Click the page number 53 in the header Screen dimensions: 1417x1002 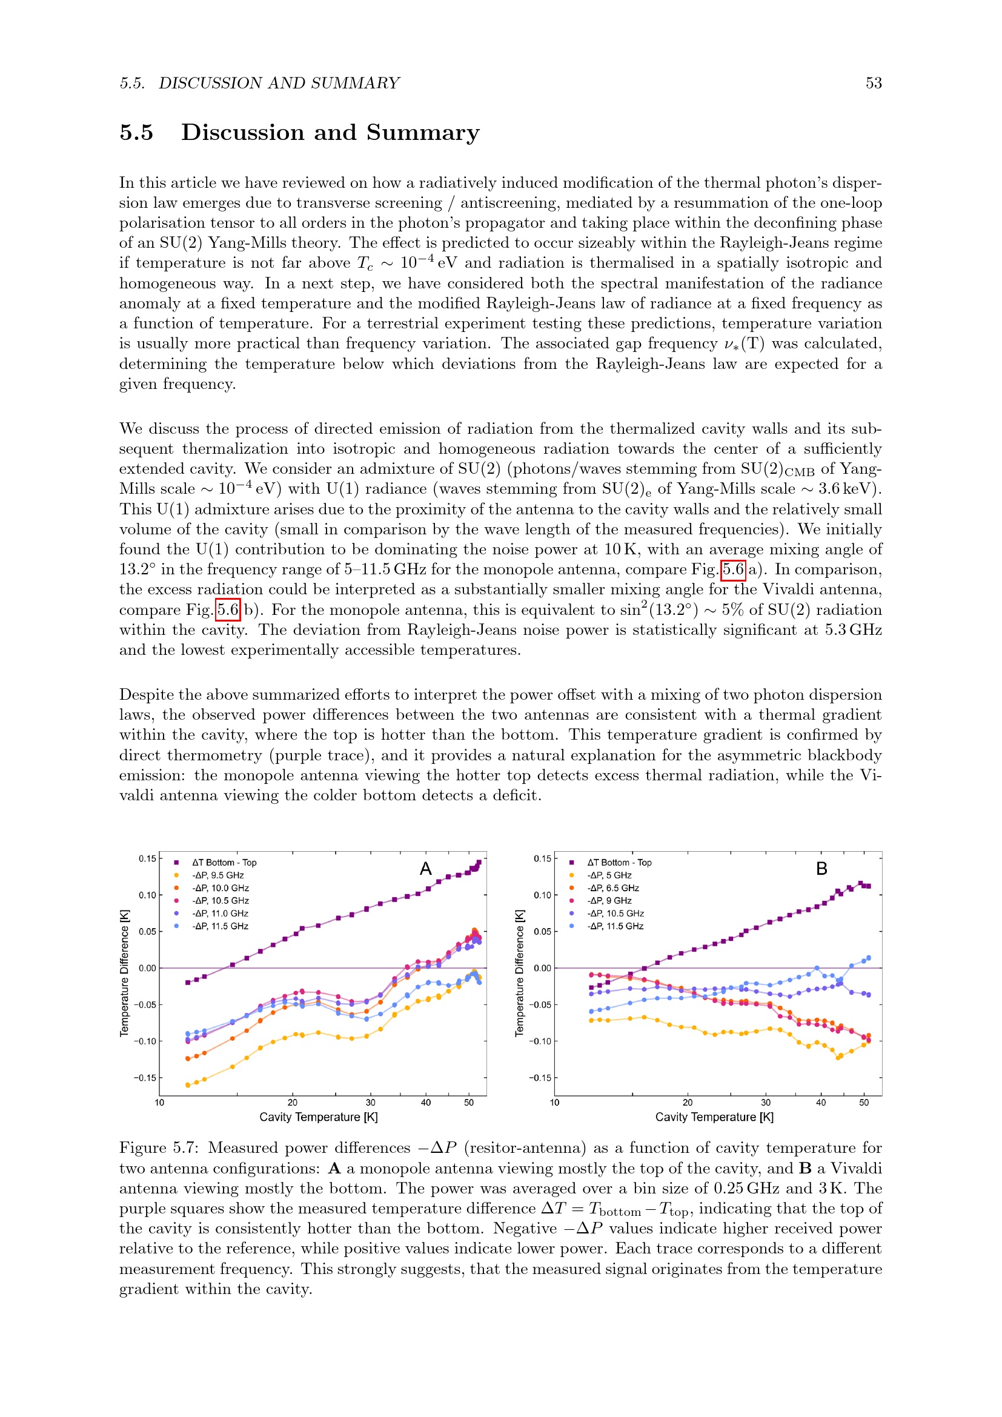pyautogui.click(x=873, y=84)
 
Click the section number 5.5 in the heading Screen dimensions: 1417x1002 pyautogui.click(x=136, y=133)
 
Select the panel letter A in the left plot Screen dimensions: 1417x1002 pyautogui.click(x=426, y=869)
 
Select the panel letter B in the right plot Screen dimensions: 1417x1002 pyautogui.click(x=822, y=869)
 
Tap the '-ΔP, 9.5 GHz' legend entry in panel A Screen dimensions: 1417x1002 pyautogui.click(x=218, y=875)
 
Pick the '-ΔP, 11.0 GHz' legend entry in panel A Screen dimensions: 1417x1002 pyautogui.click(x=221, y=914)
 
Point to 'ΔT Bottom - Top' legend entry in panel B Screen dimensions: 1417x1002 pyautogui.click(x=619, y=863)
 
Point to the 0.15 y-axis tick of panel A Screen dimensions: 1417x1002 pyautogui.click(x=147, y=858)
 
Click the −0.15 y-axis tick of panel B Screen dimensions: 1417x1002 pyautogui.click(x=540, y=1078)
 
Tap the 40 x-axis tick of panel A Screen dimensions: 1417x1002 pyautogui.click(x=426, y=1103)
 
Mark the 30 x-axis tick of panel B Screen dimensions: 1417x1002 pyautogui.click(x=766, y=1103)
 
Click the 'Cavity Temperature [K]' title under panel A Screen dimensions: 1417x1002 pyautogui.click(x=319, y=1117)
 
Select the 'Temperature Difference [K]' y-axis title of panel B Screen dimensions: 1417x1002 pyautogui.click(x=520, y=974)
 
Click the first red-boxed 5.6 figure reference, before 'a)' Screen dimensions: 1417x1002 pyautogui.click(x=733, y=569)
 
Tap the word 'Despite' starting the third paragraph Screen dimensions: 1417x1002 pyautogui.click(x=146, y=695)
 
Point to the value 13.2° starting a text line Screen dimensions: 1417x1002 pyautogui.click(x=137, y=569)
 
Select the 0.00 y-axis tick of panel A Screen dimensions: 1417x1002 pyautogui.click(x=147, y=968)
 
